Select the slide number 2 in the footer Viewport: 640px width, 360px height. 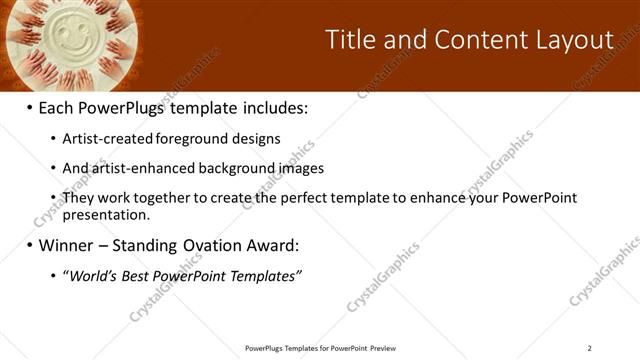click(x=589, y=348)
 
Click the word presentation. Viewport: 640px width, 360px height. click(x=105, y=214)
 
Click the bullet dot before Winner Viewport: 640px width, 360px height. click(x=29, y=245)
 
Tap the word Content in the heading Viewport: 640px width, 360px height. click(x=473, y=40)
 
